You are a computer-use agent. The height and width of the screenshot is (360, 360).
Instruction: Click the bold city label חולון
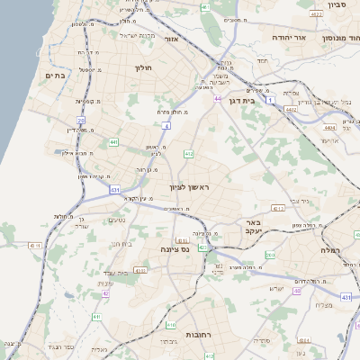coord(145,68)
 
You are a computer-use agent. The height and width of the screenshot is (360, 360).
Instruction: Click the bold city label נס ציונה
coord(174,248)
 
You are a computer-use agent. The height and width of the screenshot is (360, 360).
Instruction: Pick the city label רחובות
coord(197,334)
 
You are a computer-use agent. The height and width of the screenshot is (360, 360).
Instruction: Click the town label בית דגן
coord(262,102)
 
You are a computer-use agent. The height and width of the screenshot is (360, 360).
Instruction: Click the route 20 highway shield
coord(80,120)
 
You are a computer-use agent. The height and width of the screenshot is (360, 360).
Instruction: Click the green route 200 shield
coord(271,256)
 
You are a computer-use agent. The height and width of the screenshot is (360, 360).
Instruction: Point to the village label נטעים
coord(117,220)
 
